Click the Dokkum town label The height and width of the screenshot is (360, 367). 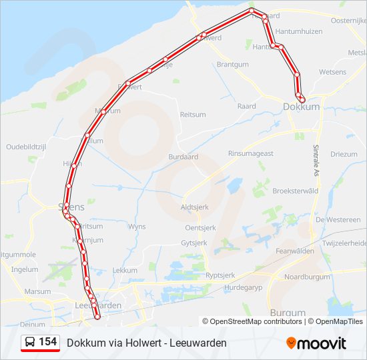click(x=302, y=106)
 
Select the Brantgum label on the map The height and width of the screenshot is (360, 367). click(x=233, y=65)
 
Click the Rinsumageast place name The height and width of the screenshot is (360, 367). click(x=251, y=153)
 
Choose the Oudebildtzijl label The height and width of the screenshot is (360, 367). click(x=25, y=147)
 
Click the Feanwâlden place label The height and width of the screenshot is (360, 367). click(x=294, y=251)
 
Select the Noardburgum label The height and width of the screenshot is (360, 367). click(x=307, y=277)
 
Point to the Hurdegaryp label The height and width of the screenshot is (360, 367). click(x=244, y=287)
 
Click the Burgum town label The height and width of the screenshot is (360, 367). click(x=288, y=312)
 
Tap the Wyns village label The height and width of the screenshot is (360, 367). click(x=137, y=227)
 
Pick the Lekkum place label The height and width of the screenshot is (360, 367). click(x=125, y=270)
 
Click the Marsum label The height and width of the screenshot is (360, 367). click(x=37, y=291)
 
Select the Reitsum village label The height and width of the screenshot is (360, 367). click(x=193, y=115)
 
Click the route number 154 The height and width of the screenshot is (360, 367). click(x=47, y=342)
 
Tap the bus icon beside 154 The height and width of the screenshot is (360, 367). click(x=31, y=343)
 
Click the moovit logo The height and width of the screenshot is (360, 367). click(x=316, y=343)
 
